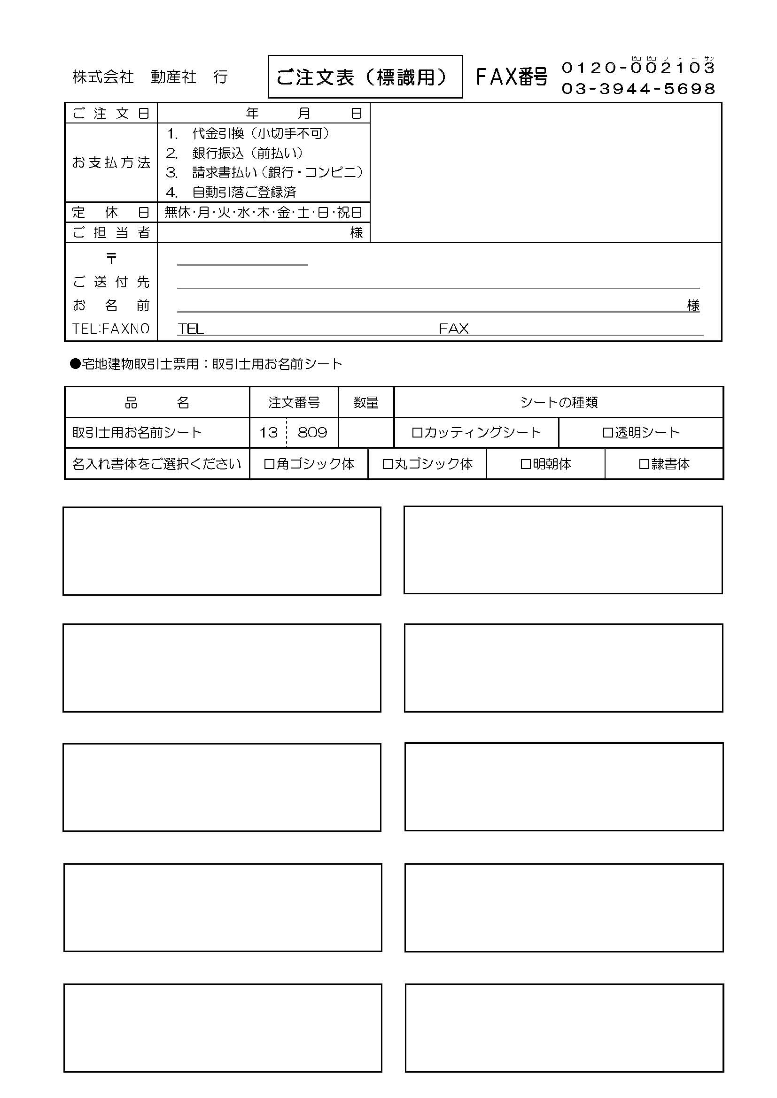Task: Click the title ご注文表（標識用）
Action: [x=365, y=77]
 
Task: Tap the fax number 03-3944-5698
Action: [x=638, y=88]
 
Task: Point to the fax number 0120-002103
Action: [x=638, y=68]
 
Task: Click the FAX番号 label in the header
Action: [x=512, y=77]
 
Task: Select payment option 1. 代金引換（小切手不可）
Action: [x=248, y=133]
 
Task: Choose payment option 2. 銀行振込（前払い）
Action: [x=234, y=153]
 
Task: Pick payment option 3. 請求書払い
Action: [x=264, y=172]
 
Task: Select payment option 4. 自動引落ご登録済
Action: [x=231, y=192]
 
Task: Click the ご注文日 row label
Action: [x=111, y=113]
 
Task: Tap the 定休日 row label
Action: [x=111, y=212]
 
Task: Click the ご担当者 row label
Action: [x=111, y=232]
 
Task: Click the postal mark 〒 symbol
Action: [x=111, y=259]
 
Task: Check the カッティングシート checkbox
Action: [x=417, y=433]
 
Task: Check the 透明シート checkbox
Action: [x=607, y=433]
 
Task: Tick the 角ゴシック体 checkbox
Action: [x=269, y=464]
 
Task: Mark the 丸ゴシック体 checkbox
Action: [x=388, y=464]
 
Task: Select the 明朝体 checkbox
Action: [x=525, y=464]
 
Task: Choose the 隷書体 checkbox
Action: [x=644, y=464]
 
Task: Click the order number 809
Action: [x=312, y=433]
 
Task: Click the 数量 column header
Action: [x=366, y=403]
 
